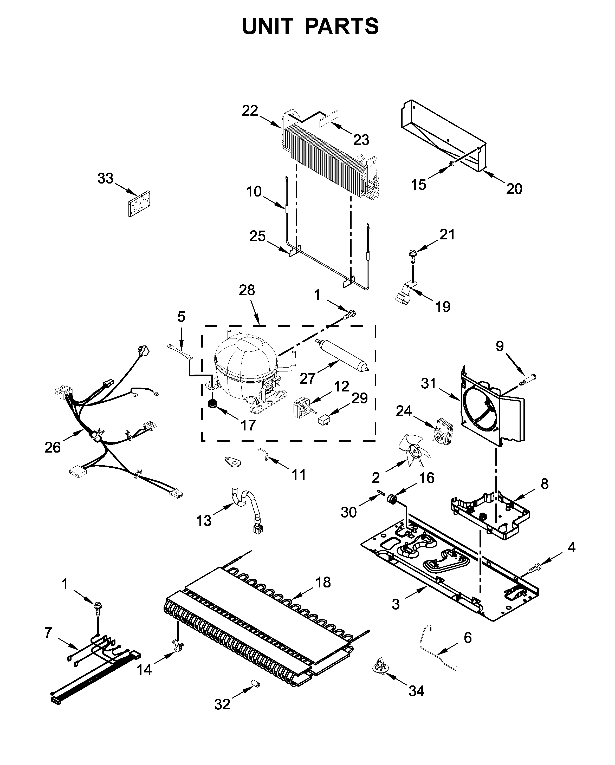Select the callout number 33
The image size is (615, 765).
pos(105,179)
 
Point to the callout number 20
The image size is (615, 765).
pos(514,189)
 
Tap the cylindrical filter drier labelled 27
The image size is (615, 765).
pos(341,355)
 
